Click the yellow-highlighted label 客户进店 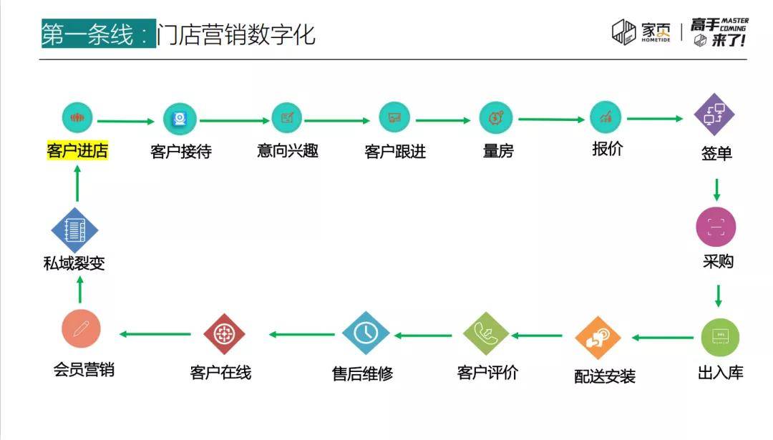point(77,150)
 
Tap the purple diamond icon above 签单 point(714,114)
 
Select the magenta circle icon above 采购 point(716,227)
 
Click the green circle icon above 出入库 point(720,338)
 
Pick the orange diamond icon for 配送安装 point(598,338)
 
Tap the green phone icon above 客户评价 point(485,333)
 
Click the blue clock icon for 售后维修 point(365,333)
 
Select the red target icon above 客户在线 point(224,334)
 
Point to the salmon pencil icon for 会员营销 point(82,328)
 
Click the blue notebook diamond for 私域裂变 point(75,230)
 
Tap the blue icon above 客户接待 point(180,119)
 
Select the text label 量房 point(498,151)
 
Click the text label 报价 point(608,148)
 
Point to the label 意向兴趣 point(288,150)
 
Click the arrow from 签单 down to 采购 point(716,190)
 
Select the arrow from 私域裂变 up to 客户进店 point(77,183)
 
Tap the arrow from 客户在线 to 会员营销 point(155,334)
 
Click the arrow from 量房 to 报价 point(551,119)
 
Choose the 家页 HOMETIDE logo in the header point(641,32)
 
